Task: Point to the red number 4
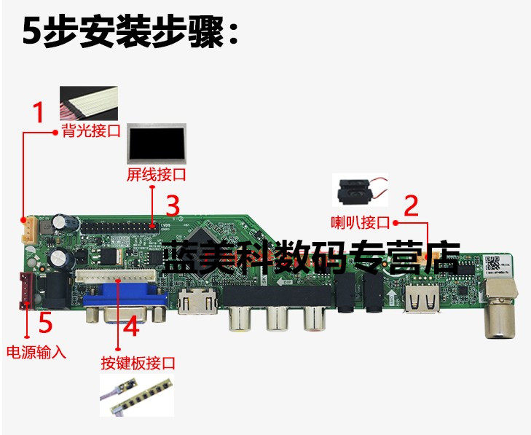pyautogui.click(x=132, y=327)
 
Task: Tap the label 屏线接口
pyautogui.click(x=156, y=175)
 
